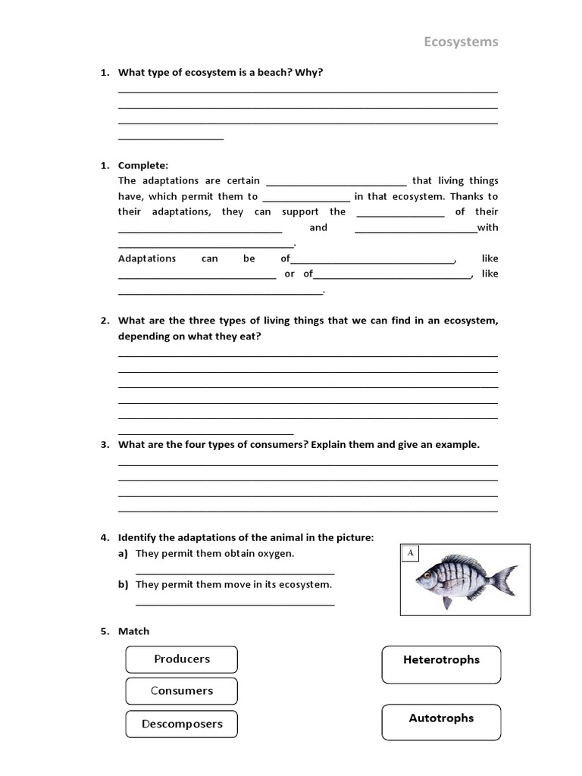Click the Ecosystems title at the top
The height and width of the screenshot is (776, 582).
(x=461, y=42)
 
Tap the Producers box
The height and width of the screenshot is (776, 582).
(x=182, y=659)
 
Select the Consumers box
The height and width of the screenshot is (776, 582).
(x=182, y=691)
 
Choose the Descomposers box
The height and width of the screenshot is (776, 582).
(x=182, y=724)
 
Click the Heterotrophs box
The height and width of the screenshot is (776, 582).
(x=441, y=660)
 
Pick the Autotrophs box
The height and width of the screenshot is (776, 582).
(x=441, y=718)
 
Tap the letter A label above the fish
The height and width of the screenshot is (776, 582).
(x=411, y=553)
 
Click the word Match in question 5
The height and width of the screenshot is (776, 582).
(x=134, y=631)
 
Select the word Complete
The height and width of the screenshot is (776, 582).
(x=143, y=165)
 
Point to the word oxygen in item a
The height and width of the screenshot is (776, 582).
(x=276, y=554)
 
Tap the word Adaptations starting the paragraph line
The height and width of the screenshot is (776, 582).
(x=147, y=258)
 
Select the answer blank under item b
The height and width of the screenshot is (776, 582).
(x=235, y=603)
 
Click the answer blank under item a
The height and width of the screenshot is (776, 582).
(x=235, y=573)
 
